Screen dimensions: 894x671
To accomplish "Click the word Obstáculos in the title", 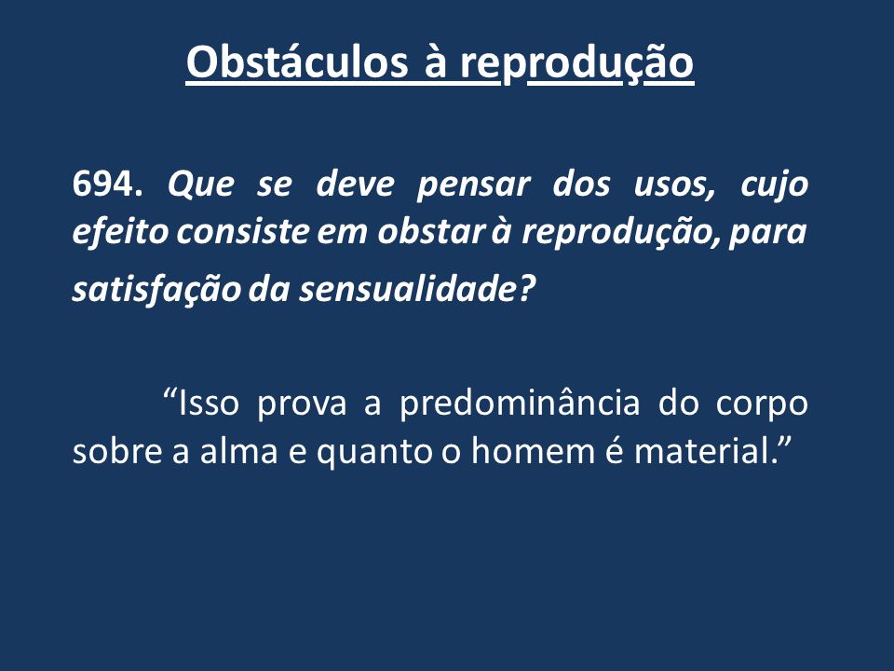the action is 297,62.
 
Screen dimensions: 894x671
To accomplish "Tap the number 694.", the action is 108,185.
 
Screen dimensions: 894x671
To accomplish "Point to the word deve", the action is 355,185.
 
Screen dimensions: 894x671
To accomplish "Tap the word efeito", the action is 120,233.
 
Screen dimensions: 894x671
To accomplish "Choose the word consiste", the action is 242,233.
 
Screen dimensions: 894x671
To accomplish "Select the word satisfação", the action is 157,289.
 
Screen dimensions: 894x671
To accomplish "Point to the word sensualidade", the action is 407,289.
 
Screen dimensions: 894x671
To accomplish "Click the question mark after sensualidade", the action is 525,289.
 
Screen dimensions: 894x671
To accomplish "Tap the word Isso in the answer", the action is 208,403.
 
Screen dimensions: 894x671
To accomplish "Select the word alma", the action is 239,451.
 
